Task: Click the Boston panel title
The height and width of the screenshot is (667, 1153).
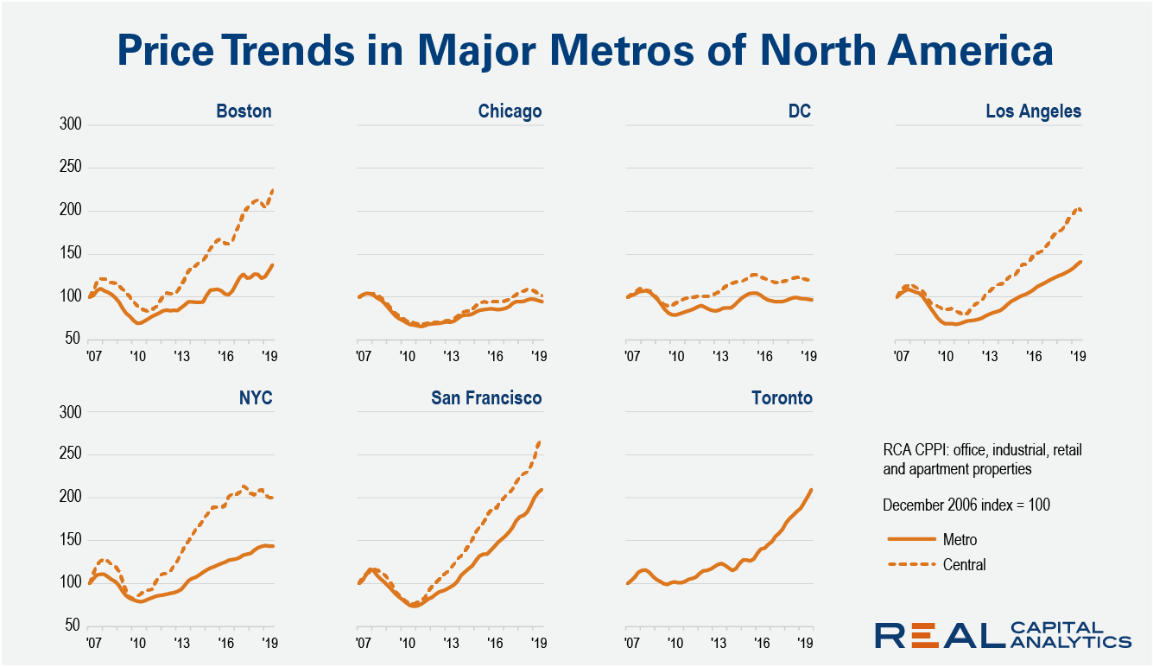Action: click(x=244, y=111)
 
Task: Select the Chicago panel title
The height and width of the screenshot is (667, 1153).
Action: click(x=510, y=111)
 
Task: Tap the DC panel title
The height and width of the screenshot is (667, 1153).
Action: click(x=799, y=111)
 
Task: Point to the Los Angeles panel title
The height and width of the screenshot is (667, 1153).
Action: click(x=1033, y=111)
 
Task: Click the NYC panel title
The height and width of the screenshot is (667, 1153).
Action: click(x=255, y=398)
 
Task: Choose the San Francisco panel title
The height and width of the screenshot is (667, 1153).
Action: click(x=487, y=398)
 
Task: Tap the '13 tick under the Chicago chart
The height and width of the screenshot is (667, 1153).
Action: click(x=452, y=356)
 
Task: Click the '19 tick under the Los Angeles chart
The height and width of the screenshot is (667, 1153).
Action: click(x=1076, y=356)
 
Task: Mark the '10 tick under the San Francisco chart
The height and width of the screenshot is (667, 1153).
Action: click(x=405, y=643)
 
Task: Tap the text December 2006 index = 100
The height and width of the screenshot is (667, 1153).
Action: click(x=966, y=505)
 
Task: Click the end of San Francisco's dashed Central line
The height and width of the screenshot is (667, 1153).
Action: click(x=541, y=441)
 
